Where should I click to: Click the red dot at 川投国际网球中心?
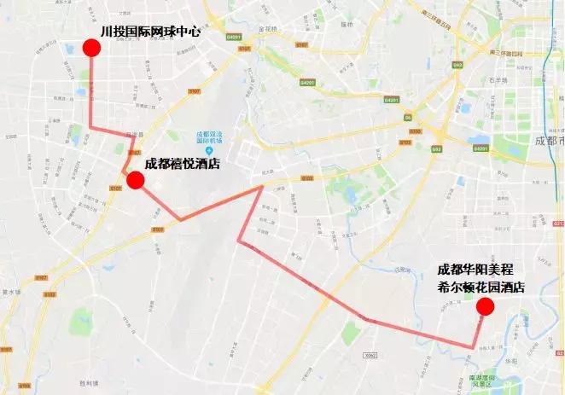click(x=91, y=48)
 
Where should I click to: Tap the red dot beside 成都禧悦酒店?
click(x=134, y=180)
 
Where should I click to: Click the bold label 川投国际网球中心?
click(x=149, y=31)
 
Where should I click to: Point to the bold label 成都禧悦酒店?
click(x=183, y=164)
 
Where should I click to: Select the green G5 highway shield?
click(x=408, y=117)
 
